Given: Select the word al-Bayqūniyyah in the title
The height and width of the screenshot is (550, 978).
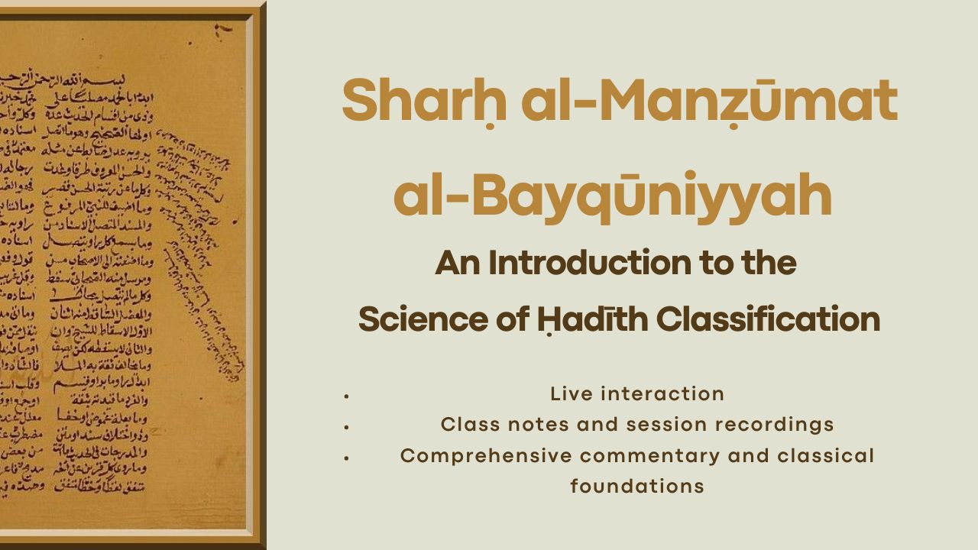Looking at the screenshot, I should [x=612, y=196].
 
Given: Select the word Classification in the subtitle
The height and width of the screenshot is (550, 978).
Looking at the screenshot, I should [x=767, y=319].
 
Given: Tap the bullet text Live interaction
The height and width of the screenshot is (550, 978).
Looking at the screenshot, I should [x=637, y=394].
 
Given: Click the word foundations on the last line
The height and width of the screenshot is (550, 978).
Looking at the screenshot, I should [x=637, y=487].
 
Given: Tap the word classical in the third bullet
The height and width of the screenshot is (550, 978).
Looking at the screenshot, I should [x=825, y=456].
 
